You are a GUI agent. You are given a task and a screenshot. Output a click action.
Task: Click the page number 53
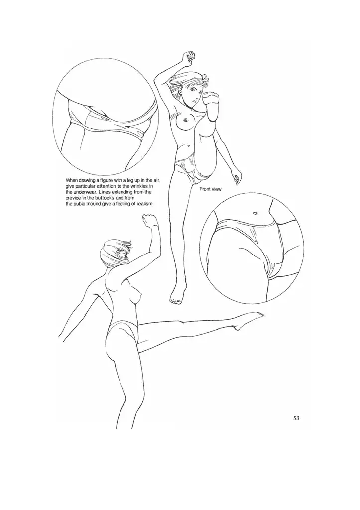(x=296, y=418)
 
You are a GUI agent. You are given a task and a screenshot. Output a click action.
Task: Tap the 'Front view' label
(x=210, y=189)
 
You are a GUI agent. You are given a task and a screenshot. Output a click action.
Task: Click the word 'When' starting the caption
(x=72, y=180)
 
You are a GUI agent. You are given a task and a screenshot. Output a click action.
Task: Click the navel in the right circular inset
(x=255, y=213)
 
